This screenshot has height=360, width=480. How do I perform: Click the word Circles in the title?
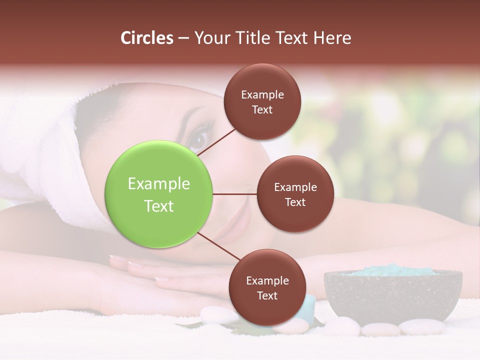point(147,38)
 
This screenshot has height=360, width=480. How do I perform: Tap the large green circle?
point(159,194)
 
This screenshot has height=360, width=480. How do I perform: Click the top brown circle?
point(262,101)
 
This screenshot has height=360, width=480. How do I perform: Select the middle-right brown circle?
point(295,194)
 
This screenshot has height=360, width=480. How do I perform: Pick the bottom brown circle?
point(267,287)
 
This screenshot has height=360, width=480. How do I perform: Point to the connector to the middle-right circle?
point(235,194)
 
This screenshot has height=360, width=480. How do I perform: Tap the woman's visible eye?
point(198,138)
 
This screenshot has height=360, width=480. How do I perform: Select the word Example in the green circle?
point(159,184)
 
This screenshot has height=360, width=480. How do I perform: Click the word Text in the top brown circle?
point(262,110)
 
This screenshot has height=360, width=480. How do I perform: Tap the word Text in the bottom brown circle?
point(267,295)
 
